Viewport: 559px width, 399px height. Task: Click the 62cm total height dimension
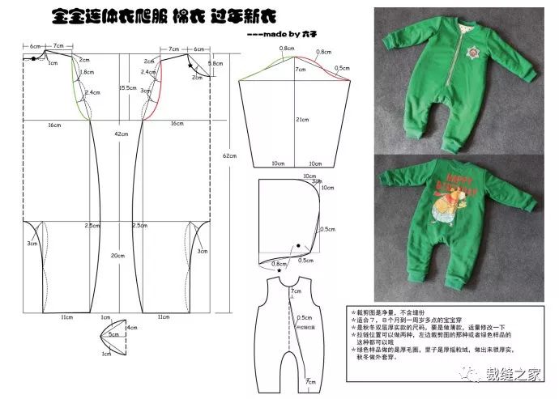pyautogui.click(x=229, y=155)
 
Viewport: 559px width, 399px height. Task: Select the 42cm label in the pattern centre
pyautogui.click(x=121, y=134)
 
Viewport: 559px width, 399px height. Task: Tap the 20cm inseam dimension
pyautogui.click(x=119, y=256)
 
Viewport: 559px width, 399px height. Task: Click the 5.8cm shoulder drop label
pyautogui.click(x=215, y=63)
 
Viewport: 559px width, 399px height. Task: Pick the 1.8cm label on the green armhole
pyautogui.click(x=87, y=72)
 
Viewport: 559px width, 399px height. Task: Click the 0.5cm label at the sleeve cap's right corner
pyautogui.click(x=344, y=69)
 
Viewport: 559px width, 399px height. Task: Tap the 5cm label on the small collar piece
pyautogui.click(x=113, y=333)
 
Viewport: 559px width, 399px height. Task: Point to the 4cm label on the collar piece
pyautogui.click(x=130, y=328)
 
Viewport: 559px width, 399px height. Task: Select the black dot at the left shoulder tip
pyautogui.click(x=24, y=57)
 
